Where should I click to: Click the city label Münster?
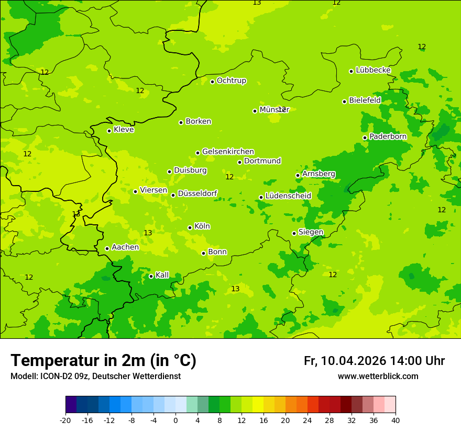coord(274,110)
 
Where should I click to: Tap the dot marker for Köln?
coord(190,227)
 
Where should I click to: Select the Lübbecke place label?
coord(373,70)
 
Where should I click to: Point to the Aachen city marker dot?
coord(107,248)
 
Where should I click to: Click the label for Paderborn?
coord(388,136)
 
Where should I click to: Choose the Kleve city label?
coord(124,130)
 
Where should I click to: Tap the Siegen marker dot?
coord(294,233)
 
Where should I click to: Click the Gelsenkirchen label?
coord(228,152)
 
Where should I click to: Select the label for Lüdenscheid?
coord(288,196)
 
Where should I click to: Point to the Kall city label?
coord(162,275)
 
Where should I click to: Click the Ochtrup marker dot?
coord(212,82)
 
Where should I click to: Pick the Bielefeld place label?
coord(365,100)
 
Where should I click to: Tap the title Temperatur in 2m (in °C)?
coord(103,361)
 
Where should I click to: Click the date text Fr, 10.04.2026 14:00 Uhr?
coord(374,361)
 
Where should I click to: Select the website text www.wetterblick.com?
coord(378,376)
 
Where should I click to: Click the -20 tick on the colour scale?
coord(65,420)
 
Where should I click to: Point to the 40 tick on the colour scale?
coord(396,420)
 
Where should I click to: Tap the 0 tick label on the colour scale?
coord(175,420)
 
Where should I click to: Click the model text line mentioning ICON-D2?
coord(95,376)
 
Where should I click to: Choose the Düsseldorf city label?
coord(197,194)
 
